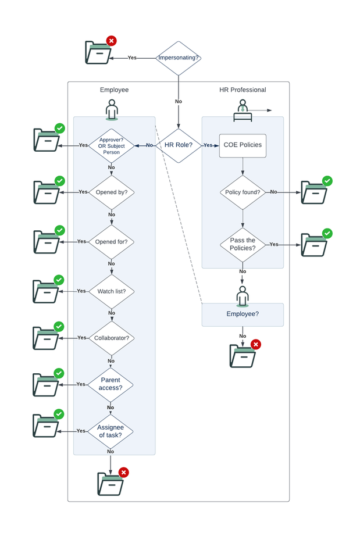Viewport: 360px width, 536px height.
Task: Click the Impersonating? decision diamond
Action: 178,58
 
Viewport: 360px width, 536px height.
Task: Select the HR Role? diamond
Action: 179,145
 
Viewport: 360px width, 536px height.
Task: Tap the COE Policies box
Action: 243,145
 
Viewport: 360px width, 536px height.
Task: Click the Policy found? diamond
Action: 243,192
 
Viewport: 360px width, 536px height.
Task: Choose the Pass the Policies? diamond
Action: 243,244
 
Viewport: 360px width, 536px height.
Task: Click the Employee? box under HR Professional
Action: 243,314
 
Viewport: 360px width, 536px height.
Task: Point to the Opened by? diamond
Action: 111,192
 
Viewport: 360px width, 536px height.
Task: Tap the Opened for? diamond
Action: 111,242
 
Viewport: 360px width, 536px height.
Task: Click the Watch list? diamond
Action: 111,291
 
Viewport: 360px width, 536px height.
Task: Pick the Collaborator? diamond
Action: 111,338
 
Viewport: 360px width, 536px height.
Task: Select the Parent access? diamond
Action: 111,384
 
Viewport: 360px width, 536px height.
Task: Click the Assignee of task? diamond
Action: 111,431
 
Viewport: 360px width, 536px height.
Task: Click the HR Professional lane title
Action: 243,90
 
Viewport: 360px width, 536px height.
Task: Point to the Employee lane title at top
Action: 114,90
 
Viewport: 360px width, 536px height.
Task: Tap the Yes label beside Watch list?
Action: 82,291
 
